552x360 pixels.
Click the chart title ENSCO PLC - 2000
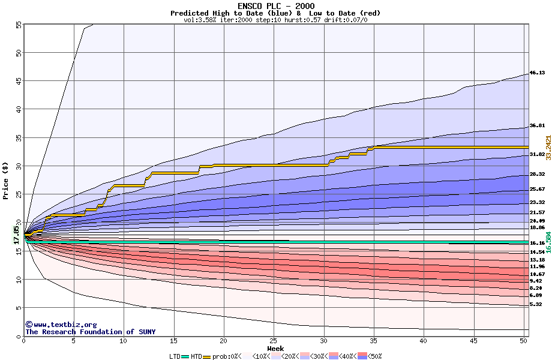[x=275, y=6]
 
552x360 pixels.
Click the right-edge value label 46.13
[x=537, y=73]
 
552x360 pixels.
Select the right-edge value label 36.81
[x=537, y=126]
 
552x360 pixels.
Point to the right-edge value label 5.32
[x=535, y=304]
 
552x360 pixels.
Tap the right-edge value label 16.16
[x=537, y=243]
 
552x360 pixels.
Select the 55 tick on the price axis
[x=18, y=25]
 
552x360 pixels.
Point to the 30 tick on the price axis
[x=18, y=166]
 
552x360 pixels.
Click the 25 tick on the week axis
[x=274, y=341]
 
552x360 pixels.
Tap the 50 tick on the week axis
[x=524, y=341]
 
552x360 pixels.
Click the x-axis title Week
[x=275, y=348]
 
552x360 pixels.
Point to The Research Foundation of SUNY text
[x=90, y=332]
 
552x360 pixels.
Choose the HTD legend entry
[x=196, y=356]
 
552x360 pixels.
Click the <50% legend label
[x=373, y=356]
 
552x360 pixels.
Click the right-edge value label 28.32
[x=537, y=175]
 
